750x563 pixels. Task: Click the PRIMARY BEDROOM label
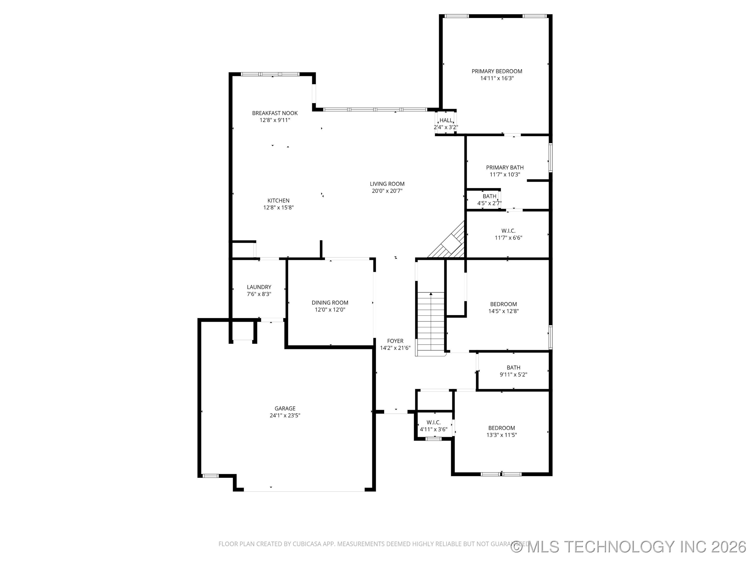coord(497,71)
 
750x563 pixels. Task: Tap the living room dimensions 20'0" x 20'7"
coord(387,191)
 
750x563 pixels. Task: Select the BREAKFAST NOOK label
coord(275,113)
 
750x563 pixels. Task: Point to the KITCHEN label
coord(278,200)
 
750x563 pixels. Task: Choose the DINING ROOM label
coord(330,303)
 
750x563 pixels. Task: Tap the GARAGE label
coord(285,409)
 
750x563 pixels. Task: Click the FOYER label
coord(395,341)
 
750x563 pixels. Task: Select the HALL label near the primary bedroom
coord(446,120)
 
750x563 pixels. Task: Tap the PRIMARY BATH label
coord(504,168)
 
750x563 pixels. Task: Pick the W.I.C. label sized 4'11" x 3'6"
coord(433,423)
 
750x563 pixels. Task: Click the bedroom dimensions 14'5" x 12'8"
coord(503,311)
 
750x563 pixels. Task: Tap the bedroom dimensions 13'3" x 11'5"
coord(502,435)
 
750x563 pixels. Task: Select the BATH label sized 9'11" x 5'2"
coord(513,368)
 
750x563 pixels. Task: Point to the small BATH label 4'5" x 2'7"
coord(489,197)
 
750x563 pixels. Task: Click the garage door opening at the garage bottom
coord(304,491)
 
